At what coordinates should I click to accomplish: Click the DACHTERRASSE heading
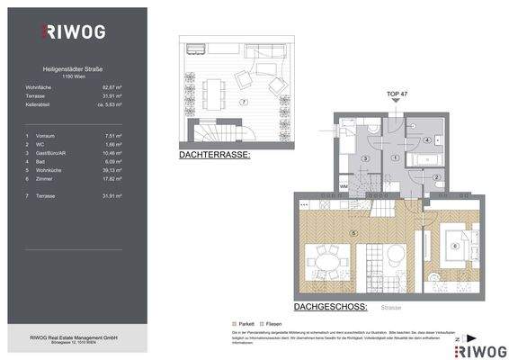(x=214, y=155)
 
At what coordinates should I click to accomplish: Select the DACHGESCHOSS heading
(x=329, y=305)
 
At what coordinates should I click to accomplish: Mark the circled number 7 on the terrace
(x=243, y=102)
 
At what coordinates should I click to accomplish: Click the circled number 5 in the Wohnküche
(x=354, y=235)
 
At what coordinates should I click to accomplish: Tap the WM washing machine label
(x=344, y=187)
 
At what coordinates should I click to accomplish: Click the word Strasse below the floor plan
(x=390, y=306)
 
